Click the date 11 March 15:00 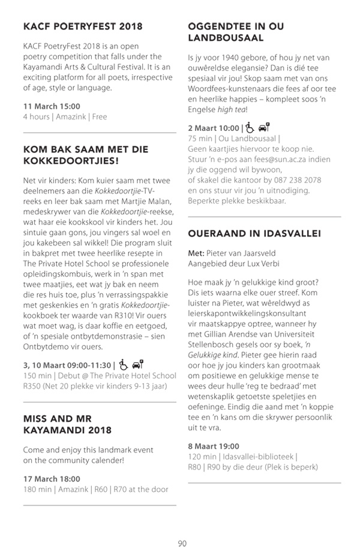[52, 106]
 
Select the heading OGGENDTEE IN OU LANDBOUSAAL [236, 32]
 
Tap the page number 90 [182, 544]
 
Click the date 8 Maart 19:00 [213, 446]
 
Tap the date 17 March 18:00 [52, 479]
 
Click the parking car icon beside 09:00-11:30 [137, 364]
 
